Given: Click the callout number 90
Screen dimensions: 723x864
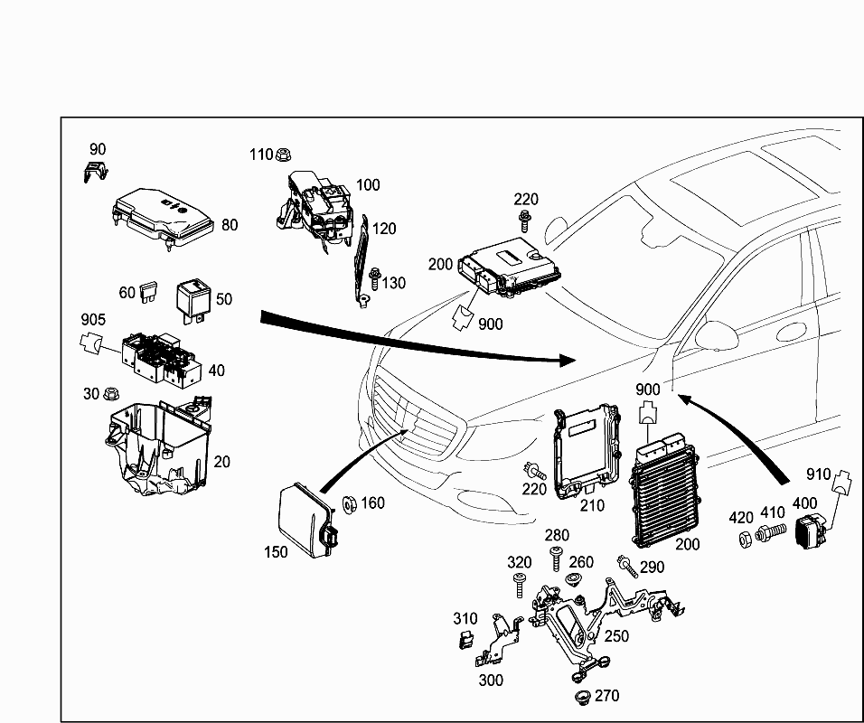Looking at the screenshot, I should (97, 149).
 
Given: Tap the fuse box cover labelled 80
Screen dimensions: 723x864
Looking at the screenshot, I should (162, 215).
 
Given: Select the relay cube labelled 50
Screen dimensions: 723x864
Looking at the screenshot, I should (193, 297).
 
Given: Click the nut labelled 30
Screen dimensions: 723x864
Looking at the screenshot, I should (113, 395).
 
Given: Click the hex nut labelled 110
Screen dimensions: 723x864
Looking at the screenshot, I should (282, 155).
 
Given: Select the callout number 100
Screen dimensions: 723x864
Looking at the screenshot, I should (368, 185).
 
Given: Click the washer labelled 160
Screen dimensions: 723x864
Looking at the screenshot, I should (347, 503).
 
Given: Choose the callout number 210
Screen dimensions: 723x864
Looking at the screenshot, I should (592, 506).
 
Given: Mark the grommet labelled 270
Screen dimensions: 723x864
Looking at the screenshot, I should (582, 699).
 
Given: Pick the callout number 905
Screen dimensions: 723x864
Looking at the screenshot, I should (93, 319).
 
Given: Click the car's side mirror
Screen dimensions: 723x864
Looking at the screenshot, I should (718, 335).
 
